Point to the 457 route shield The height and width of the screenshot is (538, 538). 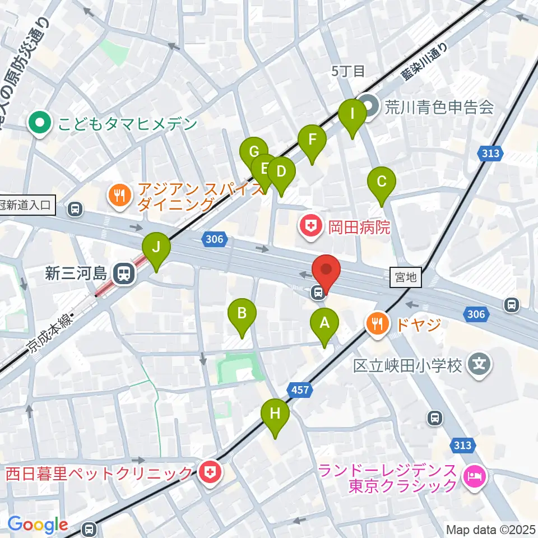coord(300,389)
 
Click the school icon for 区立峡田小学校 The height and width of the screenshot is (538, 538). coord(479,365)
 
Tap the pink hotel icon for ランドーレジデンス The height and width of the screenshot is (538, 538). coord(476,477)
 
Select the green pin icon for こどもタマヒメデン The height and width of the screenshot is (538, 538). coord(40,123)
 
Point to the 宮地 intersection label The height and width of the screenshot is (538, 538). coord(406,277)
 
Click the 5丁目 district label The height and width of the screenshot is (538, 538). coord(348,71)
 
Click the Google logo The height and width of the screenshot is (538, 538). coord(38,525)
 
